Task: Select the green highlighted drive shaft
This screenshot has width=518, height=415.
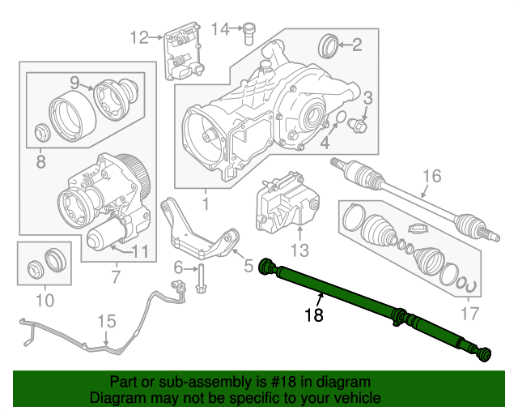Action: click(x=372, y=309)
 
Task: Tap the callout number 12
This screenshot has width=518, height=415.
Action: click(x=139, y=36)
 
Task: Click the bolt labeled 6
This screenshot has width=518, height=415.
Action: click(x=200, y=276)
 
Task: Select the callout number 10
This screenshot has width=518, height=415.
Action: click(x=44, y=302)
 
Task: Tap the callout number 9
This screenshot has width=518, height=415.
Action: click(x=74, y=82)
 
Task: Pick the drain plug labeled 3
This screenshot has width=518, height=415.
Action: click(x=360, y=126)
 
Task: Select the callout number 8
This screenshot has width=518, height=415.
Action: click(x=40, y=161)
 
